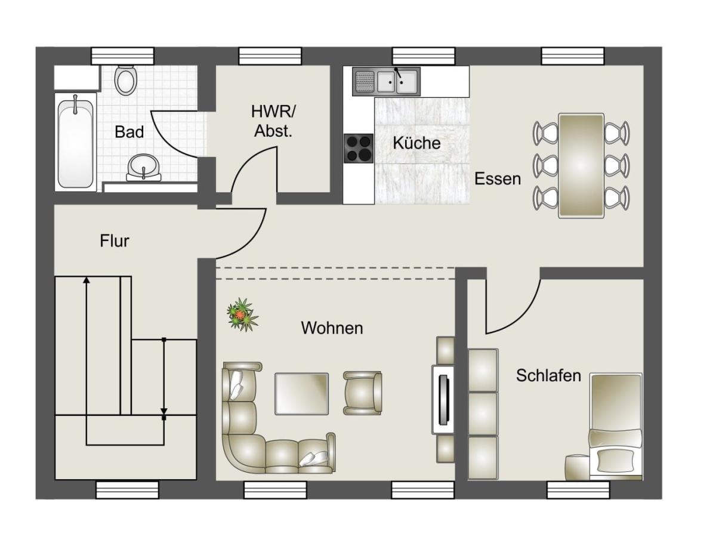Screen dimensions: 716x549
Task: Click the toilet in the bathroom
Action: click(125, 80)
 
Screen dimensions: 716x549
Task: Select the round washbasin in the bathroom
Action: click(144, 168)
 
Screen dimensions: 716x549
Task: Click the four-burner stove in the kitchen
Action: click(359, 148)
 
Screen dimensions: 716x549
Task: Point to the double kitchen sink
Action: click(387, 81)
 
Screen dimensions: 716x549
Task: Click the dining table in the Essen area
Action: click(581, 166)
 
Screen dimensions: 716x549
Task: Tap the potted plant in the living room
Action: click(242, 314)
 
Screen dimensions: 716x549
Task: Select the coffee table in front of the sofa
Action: click(301, 393)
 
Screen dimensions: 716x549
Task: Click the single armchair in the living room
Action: click(362, 393)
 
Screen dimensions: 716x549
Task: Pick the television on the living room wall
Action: click(443, 400)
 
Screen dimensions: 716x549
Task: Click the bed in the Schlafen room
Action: click(616, 425)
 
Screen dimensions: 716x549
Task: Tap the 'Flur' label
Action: click(115, 241)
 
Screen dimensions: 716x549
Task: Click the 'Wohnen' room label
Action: click(332, 328)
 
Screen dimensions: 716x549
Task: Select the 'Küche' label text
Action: click(416, 143)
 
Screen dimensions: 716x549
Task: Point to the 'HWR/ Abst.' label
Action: click(273, 121)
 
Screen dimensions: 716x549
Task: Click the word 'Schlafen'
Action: click(548, 376)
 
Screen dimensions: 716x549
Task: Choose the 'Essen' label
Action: click(498, 179)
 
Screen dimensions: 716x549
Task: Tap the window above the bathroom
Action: click(122, 55)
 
